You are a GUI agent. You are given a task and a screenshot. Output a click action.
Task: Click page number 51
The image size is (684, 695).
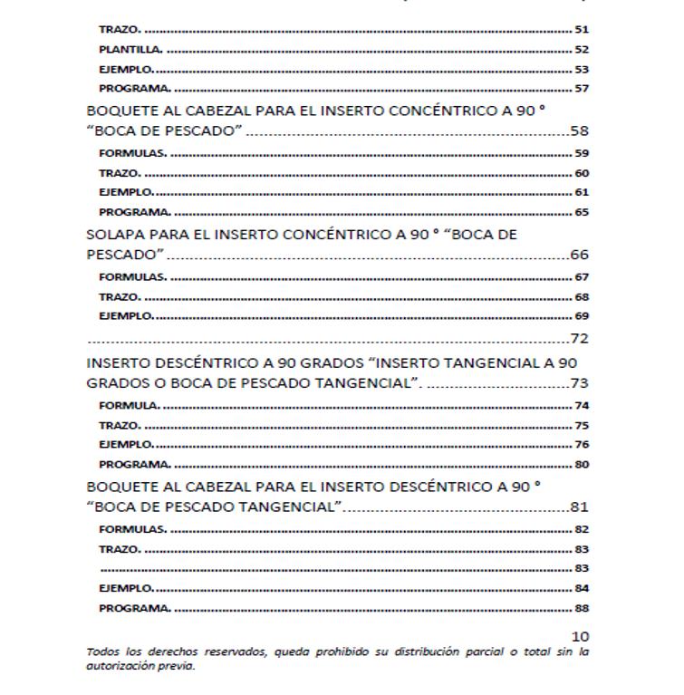click(x=582, y=30)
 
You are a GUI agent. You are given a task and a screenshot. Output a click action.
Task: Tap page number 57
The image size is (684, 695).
click(x=582, y=89)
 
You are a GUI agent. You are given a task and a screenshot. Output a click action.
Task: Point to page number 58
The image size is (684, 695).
click(x=580, y=131)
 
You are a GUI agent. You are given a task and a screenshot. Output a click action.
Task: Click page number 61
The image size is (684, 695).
click(x=582, y=192)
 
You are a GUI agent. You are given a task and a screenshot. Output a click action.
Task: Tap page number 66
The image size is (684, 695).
click(x=580, y=256)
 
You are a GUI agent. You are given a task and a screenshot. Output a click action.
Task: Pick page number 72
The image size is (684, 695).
click(x=580, y=339)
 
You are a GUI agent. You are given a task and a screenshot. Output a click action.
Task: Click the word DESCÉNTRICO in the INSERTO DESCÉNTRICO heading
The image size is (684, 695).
click(x=197, y=362)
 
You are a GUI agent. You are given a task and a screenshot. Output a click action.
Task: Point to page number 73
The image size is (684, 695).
click(x=580, y=382)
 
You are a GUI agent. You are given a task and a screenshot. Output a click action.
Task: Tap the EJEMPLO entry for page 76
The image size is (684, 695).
click(x=126, y=445)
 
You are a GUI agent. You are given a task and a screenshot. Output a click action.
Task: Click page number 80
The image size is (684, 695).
click(x=582, y=465)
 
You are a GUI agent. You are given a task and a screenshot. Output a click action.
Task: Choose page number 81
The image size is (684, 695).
click(x=580, y=507)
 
